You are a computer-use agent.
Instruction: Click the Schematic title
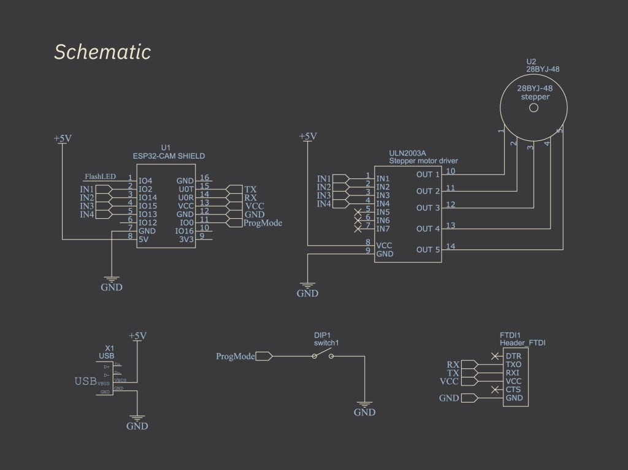pos(102,53)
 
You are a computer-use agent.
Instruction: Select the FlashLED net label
pos(100,177)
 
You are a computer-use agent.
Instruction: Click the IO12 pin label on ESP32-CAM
pos(148,223)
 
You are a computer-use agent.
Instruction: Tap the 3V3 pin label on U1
pos(185,240)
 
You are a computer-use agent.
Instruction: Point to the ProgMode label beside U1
pos(262,223)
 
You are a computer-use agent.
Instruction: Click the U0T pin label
pos(185,189)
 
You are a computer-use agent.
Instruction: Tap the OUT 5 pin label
pos(428,249)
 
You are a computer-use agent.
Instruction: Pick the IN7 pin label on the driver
pos(383,229)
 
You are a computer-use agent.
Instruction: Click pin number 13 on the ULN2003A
pos(451,226)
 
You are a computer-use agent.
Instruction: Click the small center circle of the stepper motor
pos(534,108)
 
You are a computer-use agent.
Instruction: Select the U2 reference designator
pos(531,62)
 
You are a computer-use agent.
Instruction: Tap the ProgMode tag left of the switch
pos(235,356)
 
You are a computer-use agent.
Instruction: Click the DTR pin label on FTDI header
pos(513,355)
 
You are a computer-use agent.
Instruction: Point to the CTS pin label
pos(513,390)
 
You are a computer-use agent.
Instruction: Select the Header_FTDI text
pos(523,343)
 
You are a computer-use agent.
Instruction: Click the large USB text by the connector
pos(85,381)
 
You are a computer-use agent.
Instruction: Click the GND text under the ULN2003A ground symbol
pos(307,294)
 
